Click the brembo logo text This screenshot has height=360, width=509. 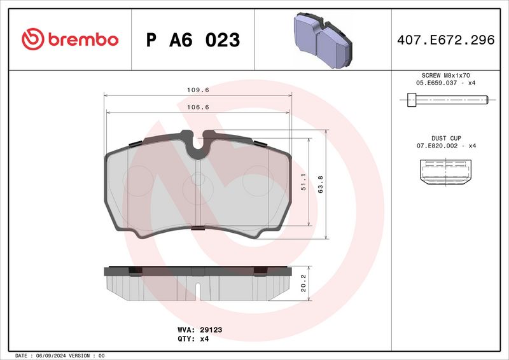click(81, 39)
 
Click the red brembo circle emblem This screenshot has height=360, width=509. click(31, 39)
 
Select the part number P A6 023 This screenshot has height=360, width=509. click(193, 40)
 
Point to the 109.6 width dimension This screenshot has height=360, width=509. click(197, 90)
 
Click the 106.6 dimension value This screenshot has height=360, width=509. click(197, 107)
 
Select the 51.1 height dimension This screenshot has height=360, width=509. click(304, 183)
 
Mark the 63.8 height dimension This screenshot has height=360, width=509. click(321, 183)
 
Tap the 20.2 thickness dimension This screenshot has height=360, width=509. click(304, 280)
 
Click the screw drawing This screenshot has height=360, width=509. click(446, 99)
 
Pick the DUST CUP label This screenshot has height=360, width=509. click(446, 137)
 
